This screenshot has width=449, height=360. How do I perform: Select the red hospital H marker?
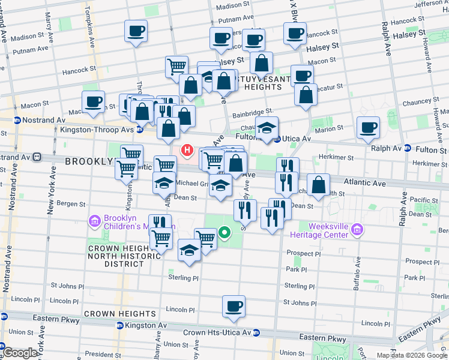pos(187,150)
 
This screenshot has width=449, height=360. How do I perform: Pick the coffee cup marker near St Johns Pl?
pos(234,305)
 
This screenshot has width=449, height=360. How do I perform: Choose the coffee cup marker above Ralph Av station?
pos(368,127)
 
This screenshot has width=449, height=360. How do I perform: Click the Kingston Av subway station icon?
pos(119,325)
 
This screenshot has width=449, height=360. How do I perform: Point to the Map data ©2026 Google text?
pos(411,355)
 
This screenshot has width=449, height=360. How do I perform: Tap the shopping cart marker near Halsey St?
pos(176,66)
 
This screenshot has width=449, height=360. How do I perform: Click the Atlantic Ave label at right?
pos(364,182)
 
